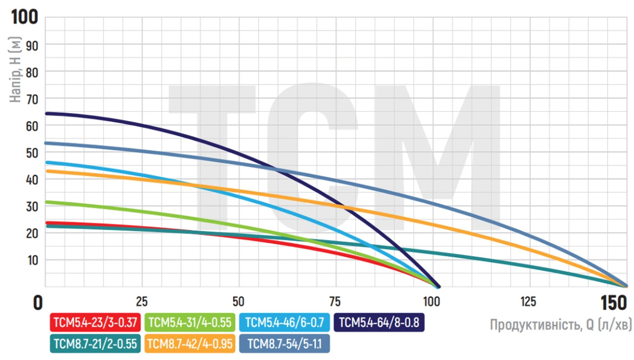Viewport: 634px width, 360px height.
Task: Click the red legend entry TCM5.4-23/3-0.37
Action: tap(95, 323)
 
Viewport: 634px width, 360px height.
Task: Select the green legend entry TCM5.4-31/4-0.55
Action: tap(190, 323)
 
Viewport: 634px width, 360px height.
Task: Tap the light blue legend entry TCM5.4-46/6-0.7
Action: tap(285, 323)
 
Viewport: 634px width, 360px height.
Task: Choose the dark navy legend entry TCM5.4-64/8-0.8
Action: tap(379, 323)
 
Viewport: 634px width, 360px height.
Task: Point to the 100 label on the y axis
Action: tap(25, 17)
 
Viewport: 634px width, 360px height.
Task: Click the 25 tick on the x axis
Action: tap(142, 302)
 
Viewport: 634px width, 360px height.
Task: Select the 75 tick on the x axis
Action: tap(335, 302)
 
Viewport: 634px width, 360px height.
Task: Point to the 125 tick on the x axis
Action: tap(528, 302)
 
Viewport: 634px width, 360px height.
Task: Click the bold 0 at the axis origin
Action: tap(37, 303)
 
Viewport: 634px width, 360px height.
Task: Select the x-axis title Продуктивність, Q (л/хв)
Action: tap(560, 325)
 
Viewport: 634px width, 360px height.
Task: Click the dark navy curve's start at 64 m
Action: tap(47, 113)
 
